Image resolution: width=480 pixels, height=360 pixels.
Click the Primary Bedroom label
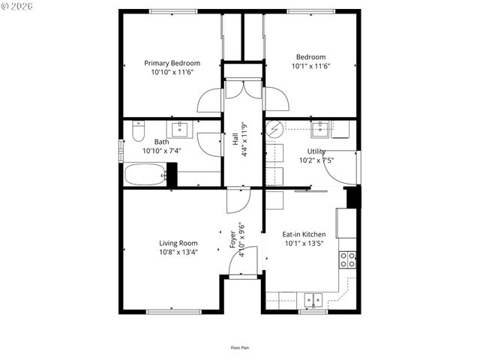pos(172,63)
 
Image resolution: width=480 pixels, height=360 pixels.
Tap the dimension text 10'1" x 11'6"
pos(310,66)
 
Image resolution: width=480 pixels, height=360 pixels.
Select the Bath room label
pos(162,142)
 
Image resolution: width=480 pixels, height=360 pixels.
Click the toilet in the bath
pos(137,133)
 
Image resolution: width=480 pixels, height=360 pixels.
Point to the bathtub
pos(145,176)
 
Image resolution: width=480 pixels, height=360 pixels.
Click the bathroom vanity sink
pos(182,130)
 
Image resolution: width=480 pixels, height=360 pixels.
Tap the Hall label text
pos(235,139)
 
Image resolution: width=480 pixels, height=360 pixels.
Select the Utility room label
pos(316,151)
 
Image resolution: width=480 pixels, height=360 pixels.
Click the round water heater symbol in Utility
pos(274,129)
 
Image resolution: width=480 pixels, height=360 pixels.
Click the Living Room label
pos(178,243)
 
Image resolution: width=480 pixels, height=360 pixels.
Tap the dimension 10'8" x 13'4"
pos(178,252)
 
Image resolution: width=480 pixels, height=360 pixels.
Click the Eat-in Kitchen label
pos(304,235)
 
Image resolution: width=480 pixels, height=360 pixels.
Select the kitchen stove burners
pos(348,259)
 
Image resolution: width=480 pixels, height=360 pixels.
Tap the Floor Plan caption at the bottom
pos(240,348)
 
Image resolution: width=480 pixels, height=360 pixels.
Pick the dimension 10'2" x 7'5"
pos(316,160)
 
